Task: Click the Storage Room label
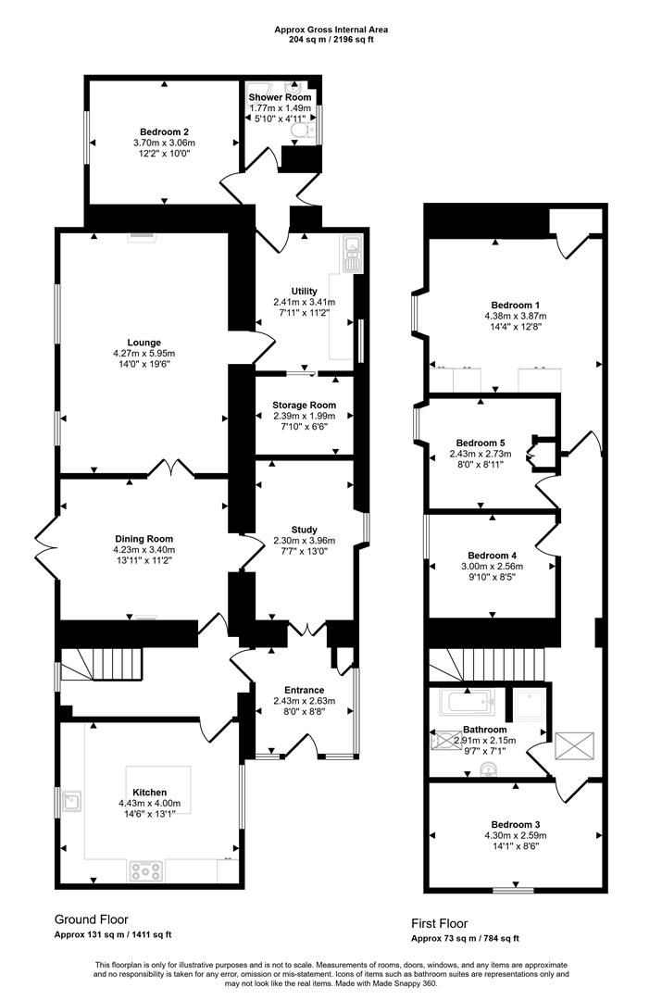(x=304, y=405)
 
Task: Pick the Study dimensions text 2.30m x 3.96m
(x=304, y=541)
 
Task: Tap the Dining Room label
(x=144, y=539)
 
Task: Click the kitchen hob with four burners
(x=145, y=869)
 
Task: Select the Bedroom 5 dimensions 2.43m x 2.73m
(x=479, y=454)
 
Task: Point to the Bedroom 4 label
(x=492, y=555)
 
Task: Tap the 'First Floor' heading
(x=440, y=923)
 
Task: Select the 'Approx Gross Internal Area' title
(x=331, y=30)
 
